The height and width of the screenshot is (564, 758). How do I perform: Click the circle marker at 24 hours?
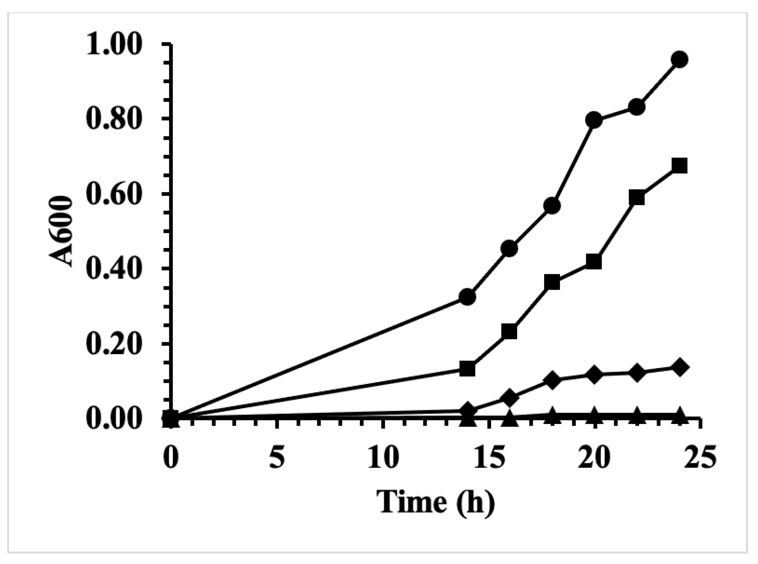679,60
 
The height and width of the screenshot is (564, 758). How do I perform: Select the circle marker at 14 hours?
467,297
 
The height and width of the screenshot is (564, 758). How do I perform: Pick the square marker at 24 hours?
679,166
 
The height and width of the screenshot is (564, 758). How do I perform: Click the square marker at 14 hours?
467,368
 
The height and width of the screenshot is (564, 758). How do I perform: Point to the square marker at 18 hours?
552,283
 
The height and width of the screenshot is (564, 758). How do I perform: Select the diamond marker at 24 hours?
679,367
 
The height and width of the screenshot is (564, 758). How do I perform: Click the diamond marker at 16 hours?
510,398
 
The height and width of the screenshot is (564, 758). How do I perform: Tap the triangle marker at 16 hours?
510,419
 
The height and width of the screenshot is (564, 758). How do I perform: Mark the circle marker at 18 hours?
552,205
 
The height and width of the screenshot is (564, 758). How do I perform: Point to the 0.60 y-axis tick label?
114,194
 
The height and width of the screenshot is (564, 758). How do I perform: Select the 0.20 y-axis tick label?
114,344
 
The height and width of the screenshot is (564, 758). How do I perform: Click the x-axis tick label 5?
277,458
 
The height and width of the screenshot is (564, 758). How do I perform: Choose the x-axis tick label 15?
489,458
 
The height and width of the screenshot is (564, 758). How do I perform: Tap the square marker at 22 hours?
636,198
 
